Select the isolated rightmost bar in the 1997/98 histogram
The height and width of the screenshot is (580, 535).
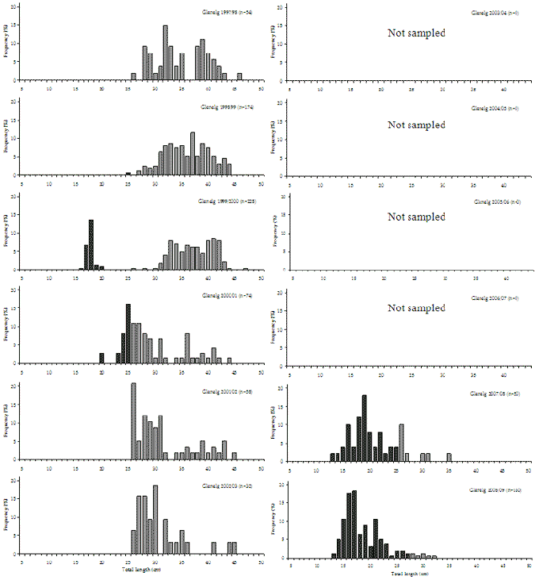pyautogui.click(x=239, y=77)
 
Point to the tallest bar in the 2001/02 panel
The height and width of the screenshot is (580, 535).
pyautogui.click(x=133, y=421)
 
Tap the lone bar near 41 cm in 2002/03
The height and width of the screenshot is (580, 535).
pyautogui.click(x=213, y=548)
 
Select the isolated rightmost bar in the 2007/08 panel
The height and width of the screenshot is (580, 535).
pyautogui.click(x=449, y=456)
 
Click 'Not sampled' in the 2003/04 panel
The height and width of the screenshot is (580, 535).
pyautogui.click(x=416, y=33)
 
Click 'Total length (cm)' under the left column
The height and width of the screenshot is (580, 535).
pyautogui.click(x=139, y=570)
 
